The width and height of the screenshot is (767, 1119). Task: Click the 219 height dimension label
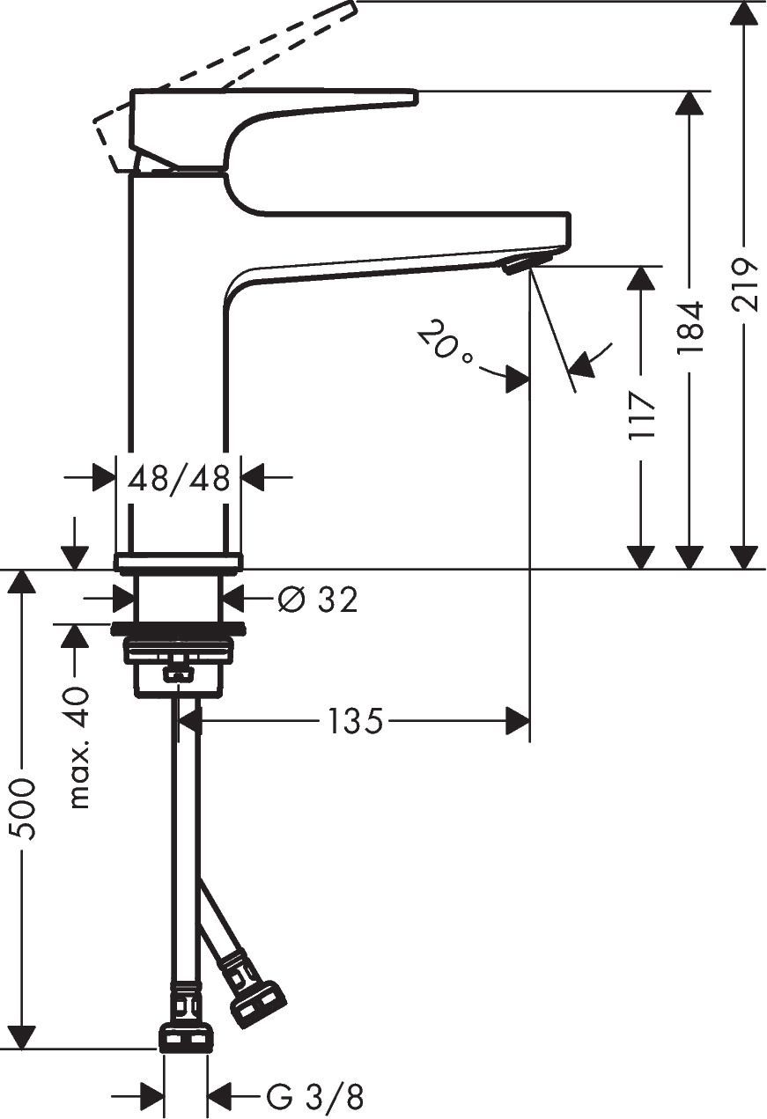click(x=745, y=283)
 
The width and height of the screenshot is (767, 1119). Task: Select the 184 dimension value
click(x=690, y=328)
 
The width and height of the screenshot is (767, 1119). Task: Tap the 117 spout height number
click(x=642, y=416)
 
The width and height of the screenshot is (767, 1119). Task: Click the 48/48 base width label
click(x=179, y=479)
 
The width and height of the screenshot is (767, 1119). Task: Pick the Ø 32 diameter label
click(x=318, y=600)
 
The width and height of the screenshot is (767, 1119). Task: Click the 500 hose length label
click(x=21, y=809)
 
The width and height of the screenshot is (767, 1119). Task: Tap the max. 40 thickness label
click(x=79, y=747)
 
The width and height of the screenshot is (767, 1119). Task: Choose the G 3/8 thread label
click(x=314, y=1098)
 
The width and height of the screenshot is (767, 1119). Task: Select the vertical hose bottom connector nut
click(x=185, y=1037)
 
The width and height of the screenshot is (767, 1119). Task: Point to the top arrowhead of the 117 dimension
click(x=641, y=278)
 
